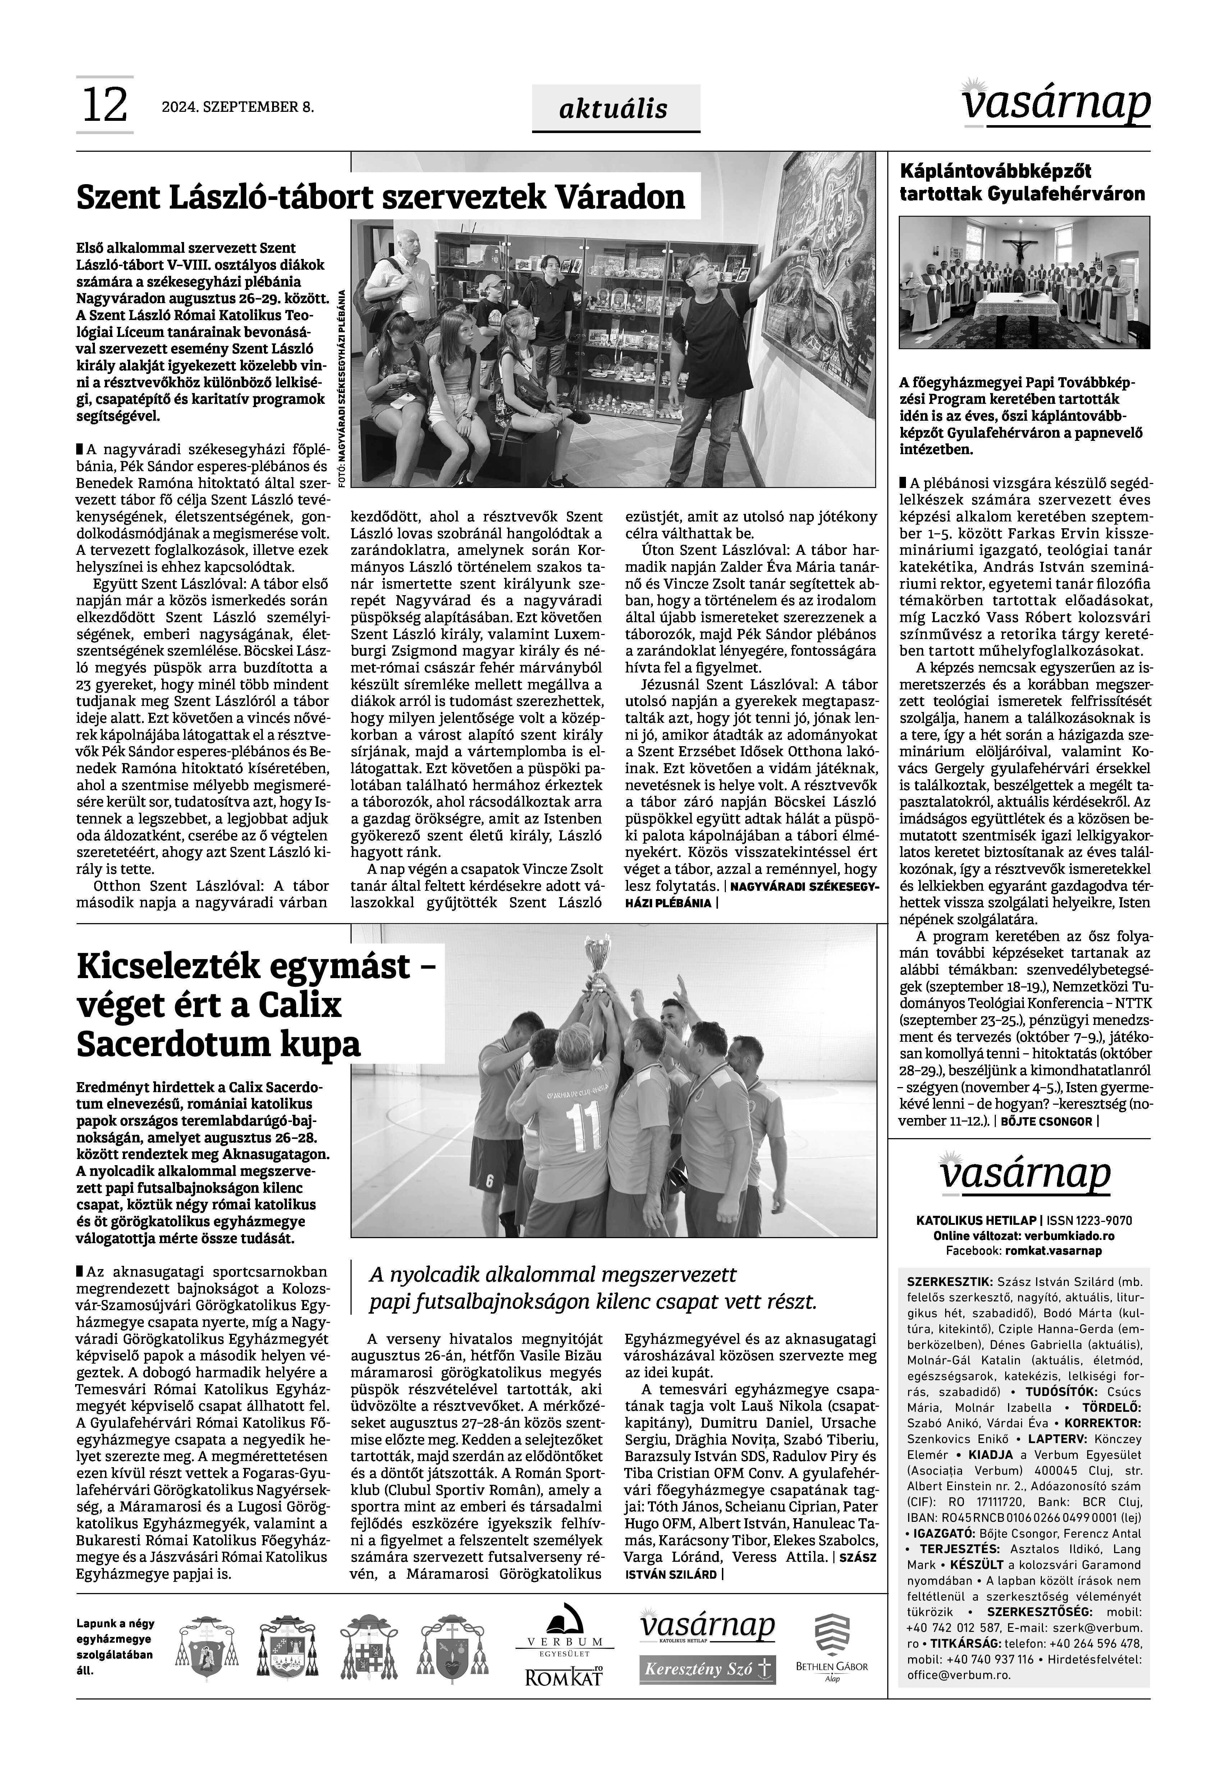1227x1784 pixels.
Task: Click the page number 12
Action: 105,105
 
